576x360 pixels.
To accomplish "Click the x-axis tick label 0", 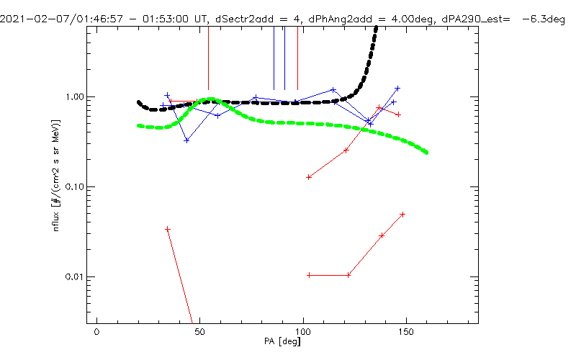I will [96, 334].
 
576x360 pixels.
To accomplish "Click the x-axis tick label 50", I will [199, 334].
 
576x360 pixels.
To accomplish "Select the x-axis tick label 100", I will [303, 334].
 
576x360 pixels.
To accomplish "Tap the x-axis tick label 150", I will [407, 334].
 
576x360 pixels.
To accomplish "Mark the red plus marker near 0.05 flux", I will [402, 215].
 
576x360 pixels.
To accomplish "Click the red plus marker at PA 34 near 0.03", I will [168, 229].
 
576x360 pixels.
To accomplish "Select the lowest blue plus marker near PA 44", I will [186, 140].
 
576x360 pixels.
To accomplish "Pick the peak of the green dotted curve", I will [210, 99].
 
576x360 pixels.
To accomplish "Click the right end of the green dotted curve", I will [427, 153].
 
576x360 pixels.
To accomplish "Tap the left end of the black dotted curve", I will [139, 102].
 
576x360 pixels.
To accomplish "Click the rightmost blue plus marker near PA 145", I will [397, 89].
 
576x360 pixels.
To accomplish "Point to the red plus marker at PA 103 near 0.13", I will [309, 177].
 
